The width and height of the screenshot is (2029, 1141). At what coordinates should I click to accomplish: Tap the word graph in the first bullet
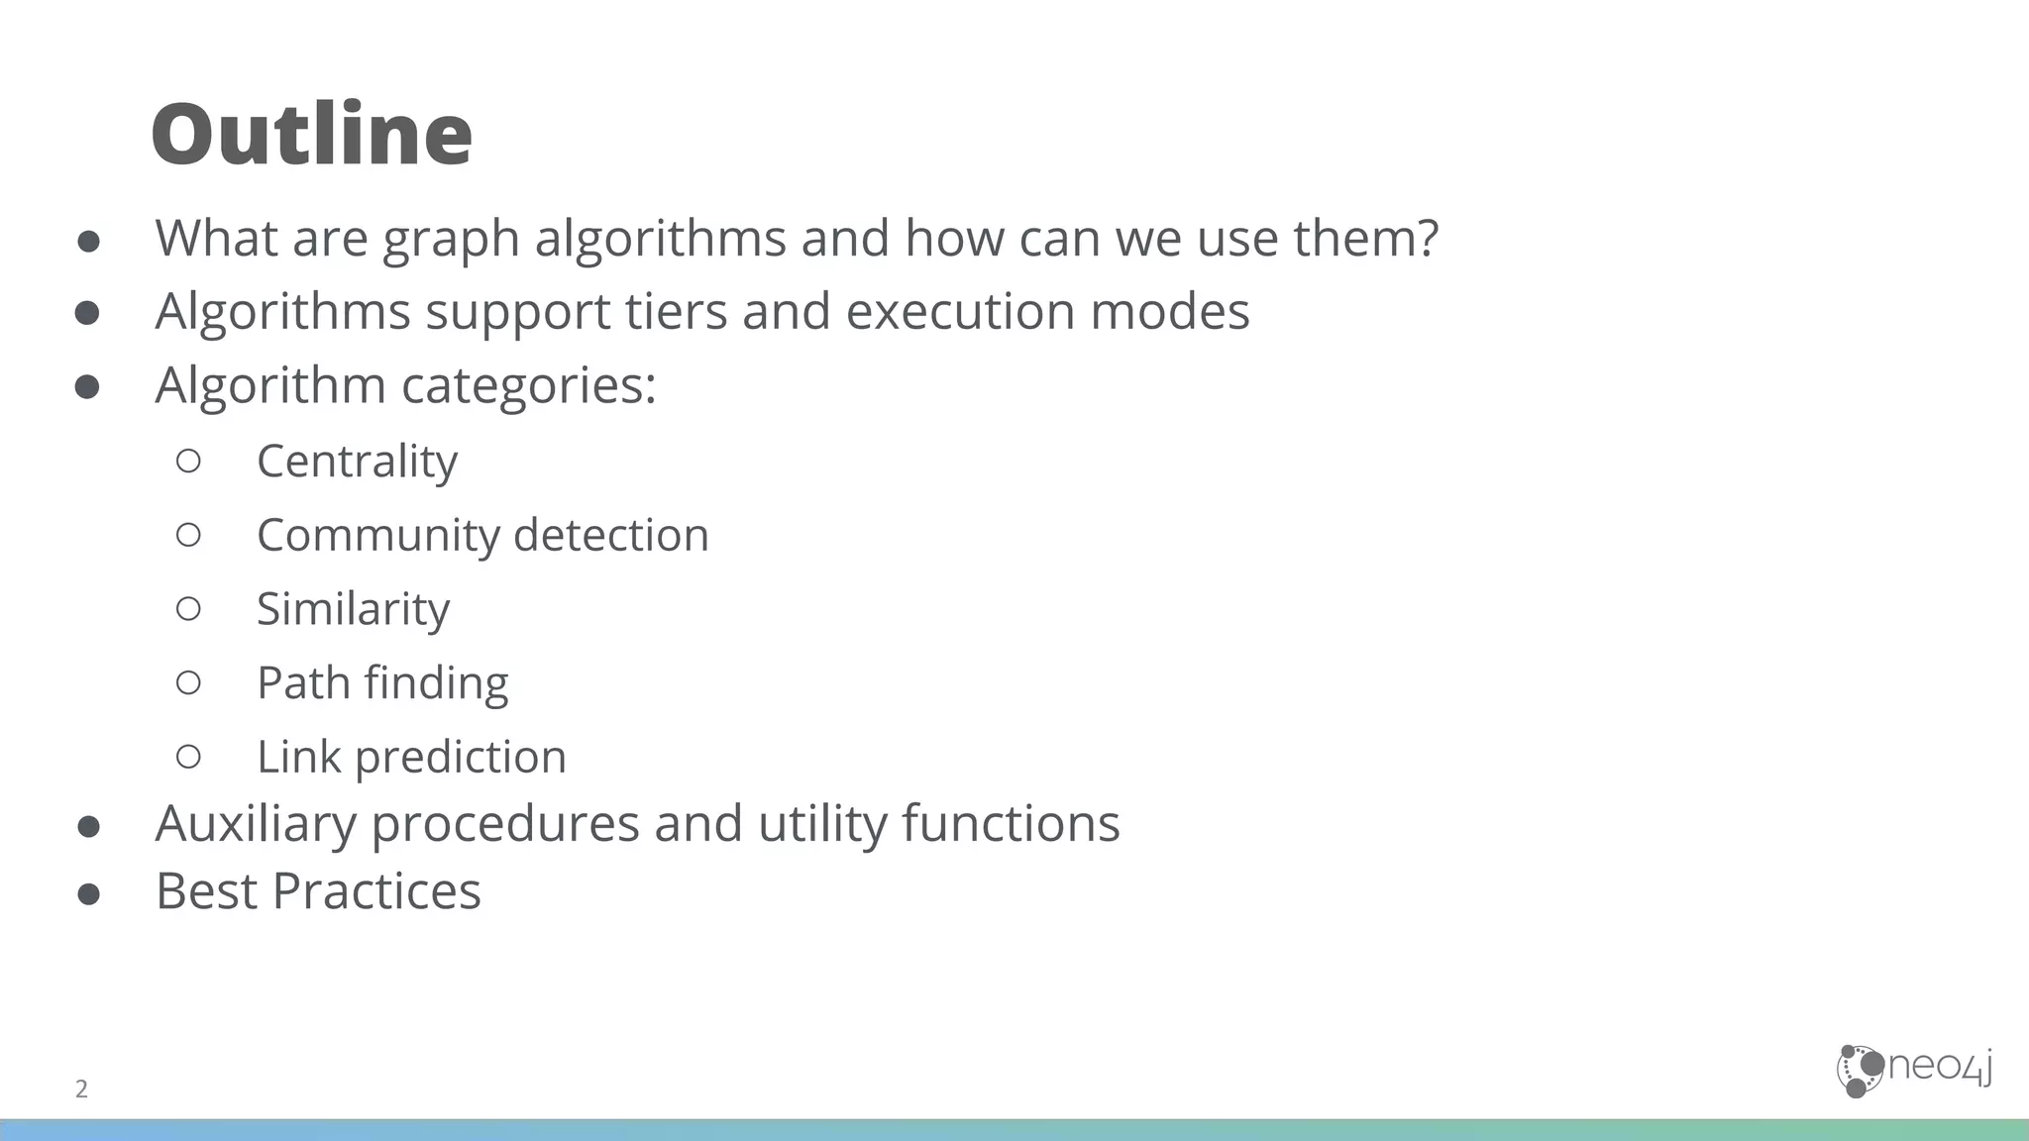click(451, 240)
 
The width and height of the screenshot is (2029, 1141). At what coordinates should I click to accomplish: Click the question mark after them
click(1428, 238)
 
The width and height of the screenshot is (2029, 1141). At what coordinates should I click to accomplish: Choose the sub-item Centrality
click(357, 462)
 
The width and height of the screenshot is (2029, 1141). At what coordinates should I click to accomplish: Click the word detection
click(611, 535)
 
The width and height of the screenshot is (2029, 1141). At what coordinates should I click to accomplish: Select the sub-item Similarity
click(353, 609)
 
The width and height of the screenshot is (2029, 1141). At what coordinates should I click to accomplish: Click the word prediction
click(461, 758)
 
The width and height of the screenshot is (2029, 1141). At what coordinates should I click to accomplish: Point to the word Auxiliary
click(256, 824)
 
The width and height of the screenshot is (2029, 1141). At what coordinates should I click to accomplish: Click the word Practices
click(376, 890)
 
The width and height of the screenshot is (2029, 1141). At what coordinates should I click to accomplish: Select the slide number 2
click(81, 1089)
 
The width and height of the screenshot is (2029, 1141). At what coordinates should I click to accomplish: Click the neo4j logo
click(1914, 1070)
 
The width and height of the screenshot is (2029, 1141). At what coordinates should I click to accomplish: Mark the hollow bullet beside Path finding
click(188, 681)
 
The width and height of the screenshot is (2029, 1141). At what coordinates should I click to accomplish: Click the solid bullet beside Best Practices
click(88, 894)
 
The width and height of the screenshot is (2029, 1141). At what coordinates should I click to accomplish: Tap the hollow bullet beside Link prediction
click(188, 757)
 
